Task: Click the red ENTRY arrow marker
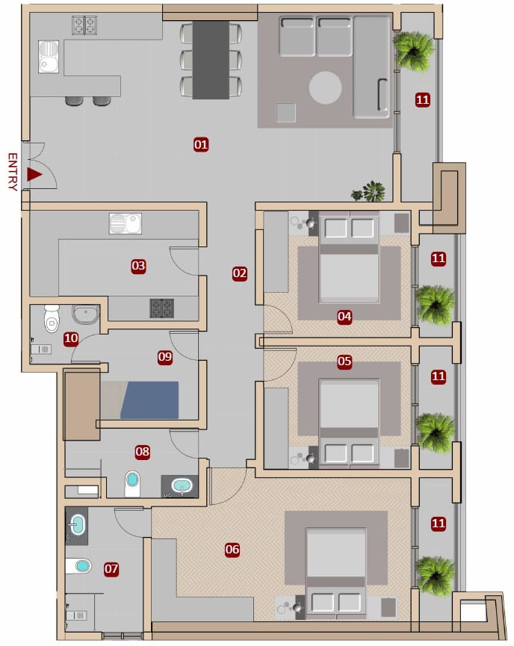click(x=34, y=174)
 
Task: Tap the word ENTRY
click(x=13, y=172)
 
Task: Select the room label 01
click(x=201, y=145)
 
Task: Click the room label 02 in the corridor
click(x=240, y=273)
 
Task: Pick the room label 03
click(x=138, y=266)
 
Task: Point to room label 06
click(x=232, y=549)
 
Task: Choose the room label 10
click(x=71, y=338)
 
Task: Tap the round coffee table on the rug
click(x=325, y=87)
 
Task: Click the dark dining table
click(x=211, y=60)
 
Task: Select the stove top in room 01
click(x=84, y=25)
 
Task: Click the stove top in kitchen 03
click(x=161, y=308)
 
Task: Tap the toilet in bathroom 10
click(x=52, y=318)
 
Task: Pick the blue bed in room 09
click(x=149, y=400)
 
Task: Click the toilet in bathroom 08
click(x=133, y=483)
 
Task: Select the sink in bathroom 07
click(x=77, y=525)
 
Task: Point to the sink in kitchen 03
click(x=126, y=224)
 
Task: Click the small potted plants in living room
click(x=369, y=192)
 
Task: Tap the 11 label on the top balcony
click(x=423, y=100)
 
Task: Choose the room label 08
click(x=142, y=452)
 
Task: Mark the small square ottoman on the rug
click(x=286, y=113)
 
